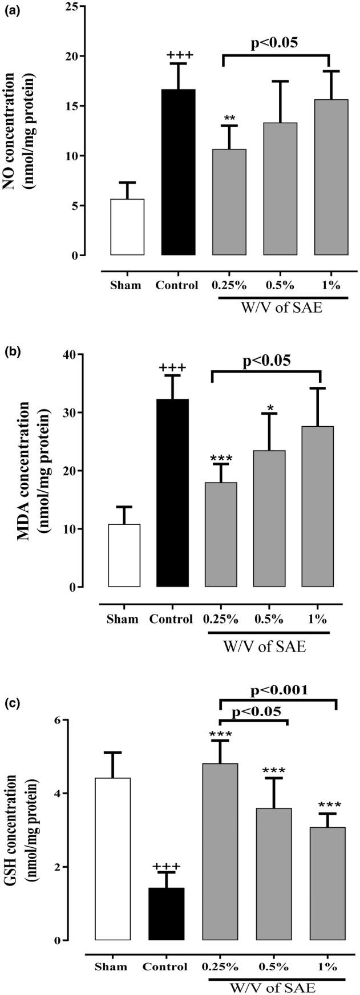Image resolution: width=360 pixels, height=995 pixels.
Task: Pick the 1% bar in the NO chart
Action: point(321,177)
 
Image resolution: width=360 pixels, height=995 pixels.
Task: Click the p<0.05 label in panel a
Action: point(276,42)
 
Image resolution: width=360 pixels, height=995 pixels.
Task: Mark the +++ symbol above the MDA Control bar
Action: point(172,368)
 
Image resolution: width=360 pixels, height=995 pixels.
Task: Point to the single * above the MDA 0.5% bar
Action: point(269,407)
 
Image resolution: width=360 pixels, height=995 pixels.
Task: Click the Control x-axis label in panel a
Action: point(177,285)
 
